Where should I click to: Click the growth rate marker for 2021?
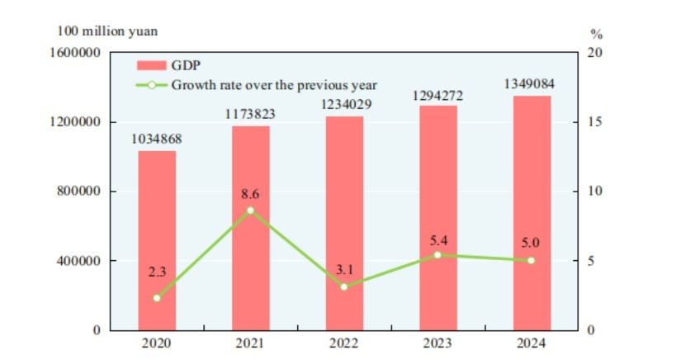pos(251,211)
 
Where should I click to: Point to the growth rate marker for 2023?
pos(438,255)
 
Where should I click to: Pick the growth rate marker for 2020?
pos(157,298)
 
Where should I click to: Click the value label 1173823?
pos(251,115)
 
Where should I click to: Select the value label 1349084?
pos(532,84)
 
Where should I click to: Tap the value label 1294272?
pos(438,95)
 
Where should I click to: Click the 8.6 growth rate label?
pos(251,195)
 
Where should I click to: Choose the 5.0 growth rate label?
pos(532,244)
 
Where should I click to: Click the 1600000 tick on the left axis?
pos(75,53)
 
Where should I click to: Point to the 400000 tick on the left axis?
pos(78,261)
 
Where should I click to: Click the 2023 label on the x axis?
pos(438,343)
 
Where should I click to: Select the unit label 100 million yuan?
pos(107,31)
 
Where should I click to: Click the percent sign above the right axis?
pos(596,35)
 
